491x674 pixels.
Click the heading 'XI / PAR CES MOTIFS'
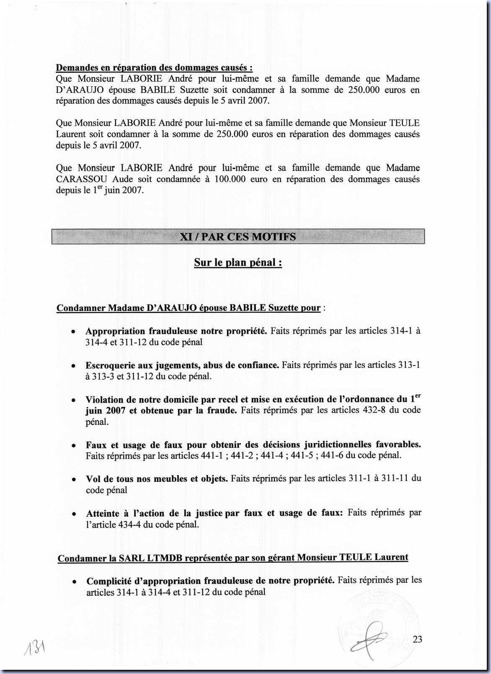(x=238, y=237)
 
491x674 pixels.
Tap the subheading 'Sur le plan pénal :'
(x=238, y=262)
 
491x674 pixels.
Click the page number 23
(x=417, y=639)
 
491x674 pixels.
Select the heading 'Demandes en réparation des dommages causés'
(x=154, y=67)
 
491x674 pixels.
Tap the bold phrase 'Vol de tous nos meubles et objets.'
(x=157, y=478)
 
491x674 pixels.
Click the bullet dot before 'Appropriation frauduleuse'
(x=73, y=332)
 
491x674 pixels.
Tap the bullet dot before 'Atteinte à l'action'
(x=74, y=514)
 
